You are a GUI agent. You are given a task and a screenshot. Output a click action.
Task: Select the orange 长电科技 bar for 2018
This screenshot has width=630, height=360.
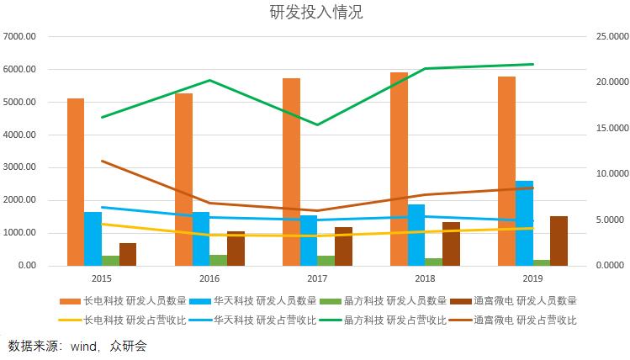(x=399, y=168)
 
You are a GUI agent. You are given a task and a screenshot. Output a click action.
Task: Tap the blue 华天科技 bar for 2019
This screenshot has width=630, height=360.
(x=524, y=223)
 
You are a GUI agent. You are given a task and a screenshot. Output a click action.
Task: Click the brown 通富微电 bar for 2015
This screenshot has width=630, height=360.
(x=128, y=254)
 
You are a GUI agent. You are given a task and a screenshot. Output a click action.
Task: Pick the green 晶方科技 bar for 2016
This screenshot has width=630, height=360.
(x=218, y=260)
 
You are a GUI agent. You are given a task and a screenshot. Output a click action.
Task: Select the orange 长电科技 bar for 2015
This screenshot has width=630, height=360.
(x=76, y=182)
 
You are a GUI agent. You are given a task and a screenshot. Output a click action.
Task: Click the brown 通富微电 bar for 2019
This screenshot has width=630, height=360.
(x=559, y=241)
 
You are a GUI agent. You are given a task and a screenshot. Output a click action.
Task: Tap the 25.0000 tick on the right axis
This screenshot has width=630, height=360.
(x=606, y=37)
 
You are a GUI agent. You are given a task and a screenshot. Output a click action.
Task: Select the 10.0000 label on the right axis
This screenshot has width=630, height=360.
(x=606, y=174)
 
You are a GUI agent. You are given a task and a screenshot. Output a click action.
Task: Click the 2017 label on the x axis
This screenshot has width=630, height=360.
(x=317, y=278)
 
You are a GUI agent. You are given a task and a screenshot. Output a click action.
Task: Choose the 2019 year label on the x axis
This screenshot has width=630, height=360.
(x=532, y=278)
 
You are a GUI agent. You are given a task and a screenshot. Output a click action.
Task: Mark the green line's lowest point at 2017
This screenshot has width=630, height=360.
(x=317, y=124)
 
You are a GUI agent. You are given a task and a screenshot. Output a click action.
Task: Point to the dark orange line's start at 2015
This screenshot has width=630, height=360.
(x=102, y=161)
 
